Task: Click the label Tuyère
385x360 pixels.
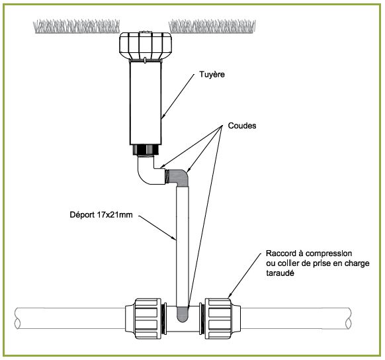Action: click(x=212, y=74)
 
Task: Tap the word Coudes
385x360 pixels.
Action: click(x=242, y=126)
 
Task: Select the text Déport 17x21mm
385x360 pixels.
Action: click(x=101, y=214)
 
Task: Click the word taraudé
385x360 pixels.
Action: click(x=280, y=273)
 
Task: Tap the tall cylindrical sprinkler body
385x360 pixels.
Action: click(x=146, y=103)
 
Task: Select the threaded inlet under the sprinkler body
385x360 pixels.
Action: click(x=146, y=150)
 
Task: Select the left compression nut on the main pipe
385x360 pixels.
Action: click(x=146, y=318)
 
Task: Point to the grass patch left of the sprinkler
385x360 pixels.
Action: click(x=76, y=26)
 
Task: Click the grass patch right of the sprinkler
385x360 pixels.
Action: click(x=212, y=26)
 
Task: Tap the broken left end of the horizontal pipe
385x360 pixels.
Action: click(x=17, y=318)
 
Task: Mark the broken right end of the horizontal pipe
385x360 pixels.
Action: click(x=348, y=318)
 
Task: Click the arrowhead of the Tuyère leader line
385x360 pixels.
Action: click(x=163, y=116)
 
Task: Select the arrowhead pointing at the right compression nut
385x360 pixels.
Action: click(x=230, y=295)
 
